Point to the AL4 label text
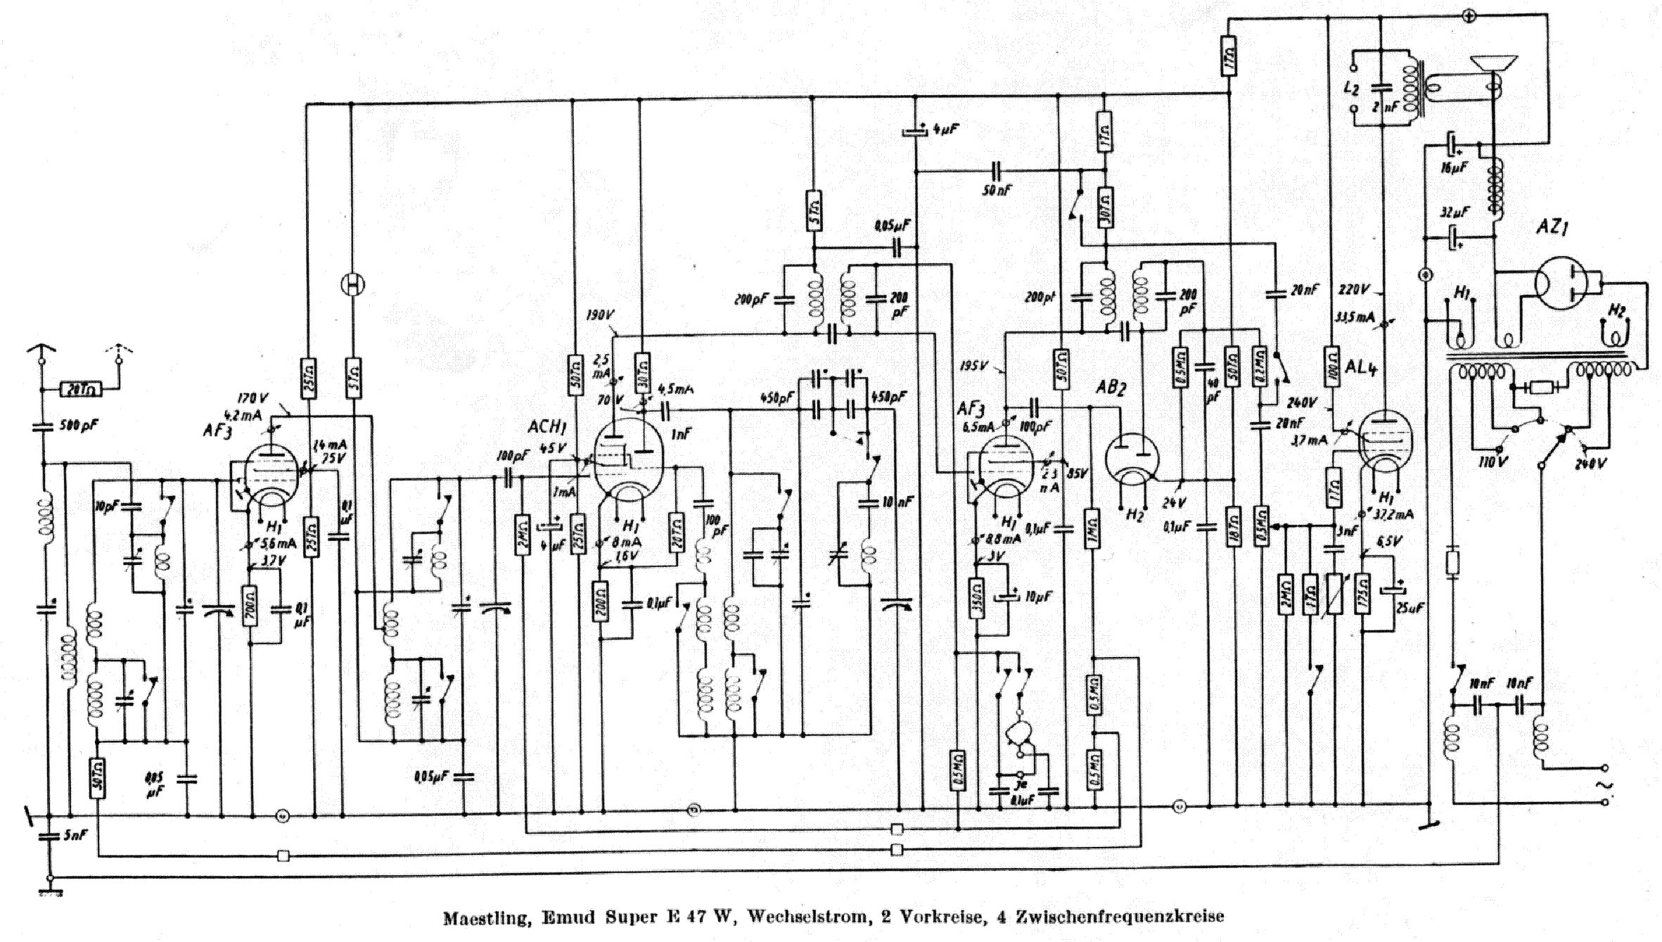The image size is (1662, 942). tap(1360, 369)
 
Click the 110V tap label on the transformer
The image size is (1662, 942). tap(1500, 465)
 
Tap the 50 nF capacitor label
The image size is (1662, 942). tap(997, 191)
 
